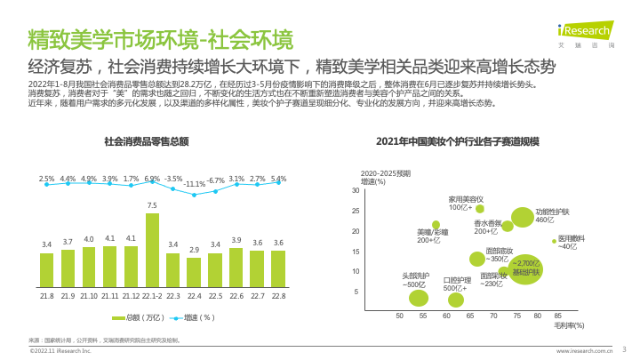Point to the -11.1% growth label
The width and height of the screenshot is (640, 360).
(x=196, y=184)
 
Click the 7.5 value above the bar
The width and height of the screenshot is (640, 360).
(x=152, y=205)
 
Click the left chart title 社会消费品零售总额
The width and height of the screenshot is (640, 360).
(x=147, y=141)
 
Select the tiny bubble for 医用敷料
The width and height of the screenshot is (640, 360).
(x=554, y=241)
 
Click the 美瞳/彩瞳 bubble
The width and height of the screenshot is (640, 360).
(x=436, y=225)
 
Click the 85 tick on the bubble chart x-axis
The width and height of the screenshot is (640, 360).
(x=557, y=316)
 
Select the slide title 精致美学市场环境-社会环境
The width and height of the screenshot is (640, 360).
(x=160, y=39)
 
